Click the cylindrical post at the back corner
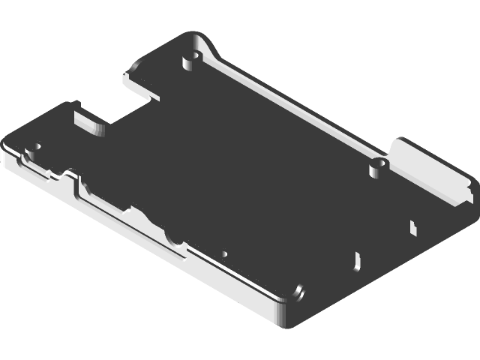[191, 58]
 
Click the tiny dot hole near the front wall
[223, 253]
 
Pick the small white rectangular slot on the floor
[412, 226]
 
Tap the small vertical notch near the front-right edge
[356, 261]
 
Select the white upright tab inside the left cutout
[86, 120]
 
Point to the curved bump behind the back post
[206, 46]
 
